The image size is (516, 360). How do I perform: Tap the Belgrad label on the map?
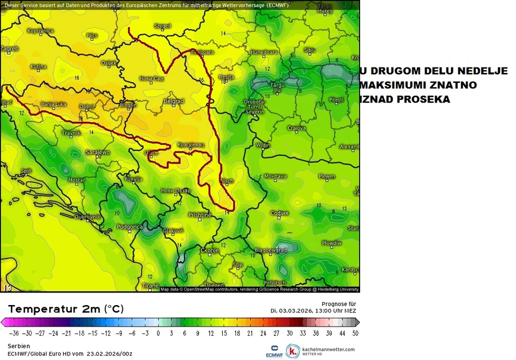tap(173, 102)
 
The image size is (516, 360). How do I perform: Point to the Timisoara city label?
tap(201, 52)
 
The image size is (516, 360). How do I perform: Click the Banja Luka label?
tap(54, 104)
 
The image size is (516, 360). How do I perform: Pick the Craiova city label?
tap(296, 128)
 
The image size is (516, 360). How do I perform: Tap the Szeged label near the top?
tap(162, 26)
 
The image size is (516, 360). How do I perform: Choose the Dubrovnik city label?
tap(87, 217)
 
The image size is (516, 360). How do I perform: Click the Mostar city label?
tap(77, 180)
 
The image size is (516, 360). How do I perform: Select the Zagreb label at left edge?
tap(9, 49)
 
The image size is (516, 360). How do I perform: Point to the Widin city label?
tap(263, 145)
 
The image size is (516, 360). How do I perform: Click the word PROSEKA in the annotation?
tap(424, 99)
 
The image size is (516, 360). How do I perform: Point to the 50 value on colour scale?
tap(355, 333)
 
